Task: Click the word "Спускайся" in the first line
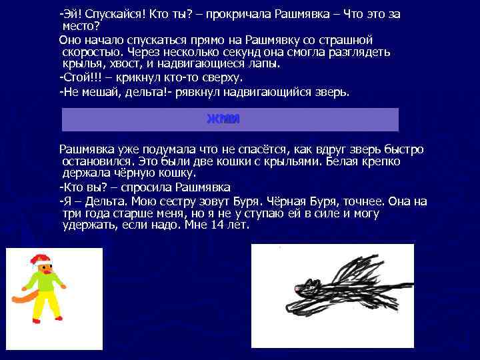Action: (106, 15)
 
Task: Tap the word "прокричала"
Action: (241, 15)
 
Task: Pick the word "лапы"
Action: (262, 65)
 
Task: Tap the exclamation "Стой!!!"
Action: (81, 78)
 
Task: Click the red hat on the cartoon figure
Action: (39, 259)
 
